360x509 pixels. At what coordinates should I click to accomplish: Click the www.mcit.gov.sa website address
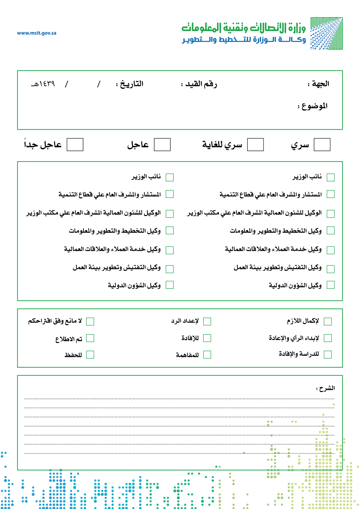[x=37, y=33]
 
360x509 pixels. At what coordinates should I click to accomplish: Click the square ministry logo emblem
[x=326, y=33]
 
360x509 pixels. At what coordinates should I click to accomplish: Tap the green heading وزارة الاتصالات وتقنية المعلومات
[x=244, y=28]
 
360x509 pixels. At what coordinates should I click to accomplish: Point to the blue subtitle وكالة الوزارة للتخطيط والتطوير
[x=244, y=40]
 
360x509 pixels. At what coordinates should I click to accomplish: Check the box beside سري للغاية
[x=255, y=145]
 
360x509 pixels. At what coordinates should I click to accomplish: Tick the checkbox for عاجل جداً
[x=75, y=145]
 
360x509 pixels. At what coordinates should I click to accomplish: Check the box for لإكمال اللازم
[x=328, y=322]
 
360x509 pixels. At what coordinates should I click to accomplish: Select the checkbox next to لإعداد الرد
[x=207, y=322]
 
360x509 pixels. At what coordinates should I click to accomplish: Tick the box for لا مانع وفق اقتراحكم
[x=90, y=322]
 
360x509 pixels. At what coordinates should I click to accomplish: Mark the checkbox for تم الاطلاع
[x=90, y=338]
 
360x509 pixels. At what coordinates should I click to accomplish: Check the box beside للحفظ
[x=90, y=355]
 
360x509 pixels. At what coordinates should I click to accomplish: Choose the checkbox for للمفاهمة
[x=207, y=355]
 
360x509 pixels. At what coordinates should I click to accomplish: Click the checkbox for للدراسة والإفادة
[x=328, y=355]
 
